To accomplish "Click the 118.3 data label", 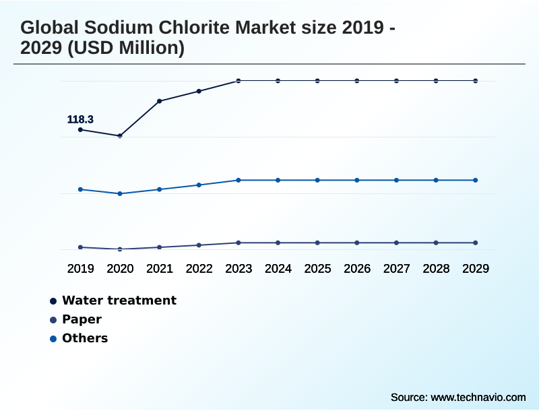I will pyautogui.click(x=80, y=120).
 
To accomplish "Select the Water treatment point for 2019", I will pyautogui.click(x=81, y=129).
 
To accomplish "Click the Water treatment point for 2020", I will pyautogui.click(x=120, y=135).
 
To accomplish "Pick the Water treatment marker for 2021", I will pyautogui.click(x=160, y=101).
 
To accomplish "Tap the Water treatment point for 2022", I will pyautogui.click(x=199, y=91).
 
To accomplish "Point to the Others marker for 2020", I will pyautogui.click(x=120, y=193).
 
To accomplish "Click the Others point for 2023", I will pyautogui.click(x=239, y=180).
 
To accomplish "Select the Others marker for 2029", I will pyautogui.click(x=475, y=180).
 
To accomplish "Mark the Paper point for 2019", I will pyautogui.click(x=81, y=247).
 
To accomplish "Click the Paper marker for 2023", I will pyautogui.click(x=239, y=243).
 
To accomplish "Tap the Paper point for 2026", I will pyautogui.click(x=357, y=243).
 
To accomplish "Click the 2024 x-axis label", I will pyautogui.click(x=278, y=269).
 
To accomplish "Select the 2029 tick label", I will pyautogui.click(x=475, y=269).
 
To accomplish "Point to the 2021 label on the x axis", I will pyautogui.click(x=160, y=269).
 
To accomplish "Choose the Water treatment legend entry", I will pyautogui.click(x=119, y=301).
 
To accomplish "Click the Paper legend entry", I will pyautogui.click(x=82, y=319).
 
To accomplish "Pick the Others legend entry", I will pyautogui.click(x=85, y=338).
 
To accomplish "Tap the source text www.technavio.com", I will pyautogui.click(x=478, y=398).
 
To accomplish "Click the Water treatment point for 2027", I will pyautogui.click(x=396, y=81).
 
